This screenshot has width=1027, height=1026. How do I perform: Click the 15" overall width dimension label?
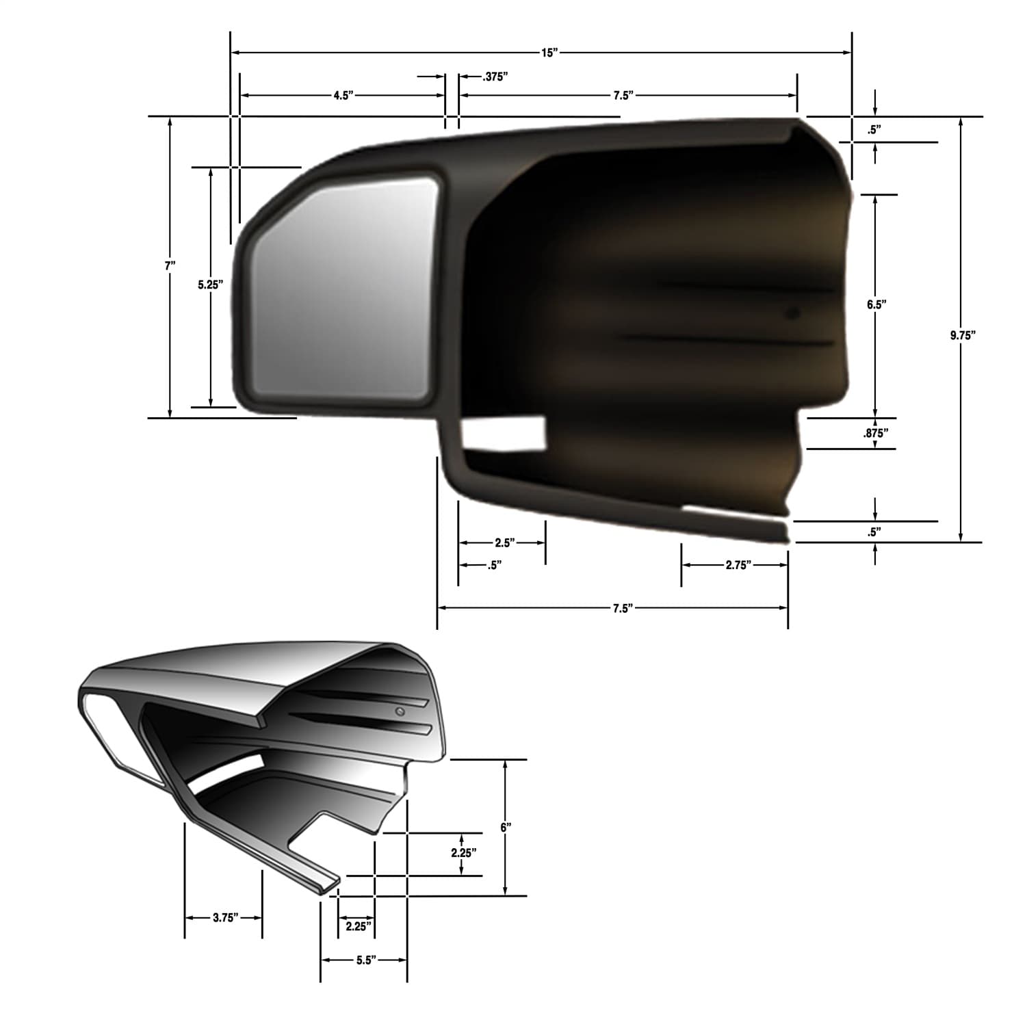(549, 53)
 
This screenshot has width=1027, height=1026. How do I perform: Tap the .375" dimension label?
(494, 77)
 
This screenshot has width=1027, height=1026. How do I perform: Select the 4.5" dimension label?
(343, 96)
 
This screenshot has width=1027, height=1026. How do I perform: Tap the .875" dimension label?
(876, 433)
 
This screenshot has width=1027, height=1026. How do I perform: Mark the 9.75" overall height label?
(962, 335)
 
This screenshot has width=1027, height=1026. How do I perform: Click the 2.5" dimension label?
(504, 543)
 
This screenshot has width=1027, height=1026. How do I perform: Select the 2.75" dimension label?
(738, 565)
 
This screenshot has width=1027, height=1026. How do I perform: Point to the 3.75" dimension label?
(224, 918)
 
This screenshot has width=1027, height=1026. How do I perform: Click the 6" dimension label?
(506, 828)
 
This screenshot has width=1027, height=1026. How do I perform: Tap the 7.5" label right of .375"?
(622, 96)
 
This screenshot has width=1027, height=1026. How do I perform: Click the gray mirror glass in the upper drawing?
(342, 291)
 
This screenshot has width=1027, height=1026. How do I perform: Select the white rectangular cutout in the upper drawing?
(504, 434)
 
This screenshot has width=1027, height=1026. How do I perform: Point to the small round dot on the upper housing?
(792, 315)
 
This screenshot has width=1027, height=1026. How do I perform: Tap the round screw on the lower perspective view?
(401, 712)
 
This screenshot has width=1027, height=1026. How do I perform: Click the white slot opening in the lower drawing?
(226, 774)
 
